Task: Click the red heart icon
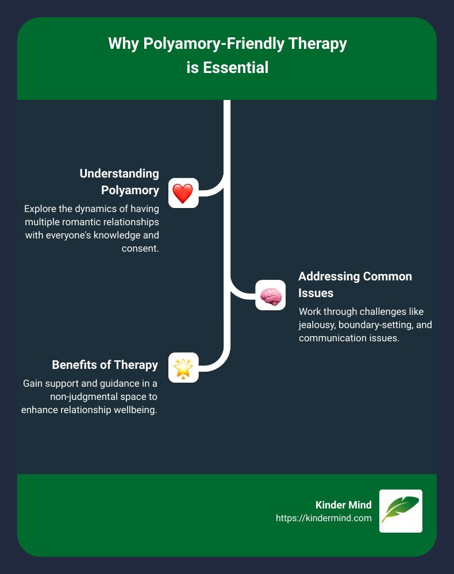point(183,193)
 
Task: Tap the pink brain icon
point(270,295)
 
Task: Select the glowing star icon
point(183,368)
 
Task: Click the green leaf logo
point(401,511)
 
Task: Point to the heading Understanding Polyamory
point(119,181)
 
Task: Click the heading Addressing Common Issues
point(355,284)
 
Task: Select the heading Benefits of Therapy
point(105,365)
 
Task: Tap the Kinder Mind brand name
point(344,504)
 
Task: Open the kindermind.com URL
point(324,518)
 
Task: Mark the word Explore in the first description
point(39,210)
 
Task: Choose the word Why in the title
point(121,44)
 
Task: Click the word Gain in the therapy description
point(33,383)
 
